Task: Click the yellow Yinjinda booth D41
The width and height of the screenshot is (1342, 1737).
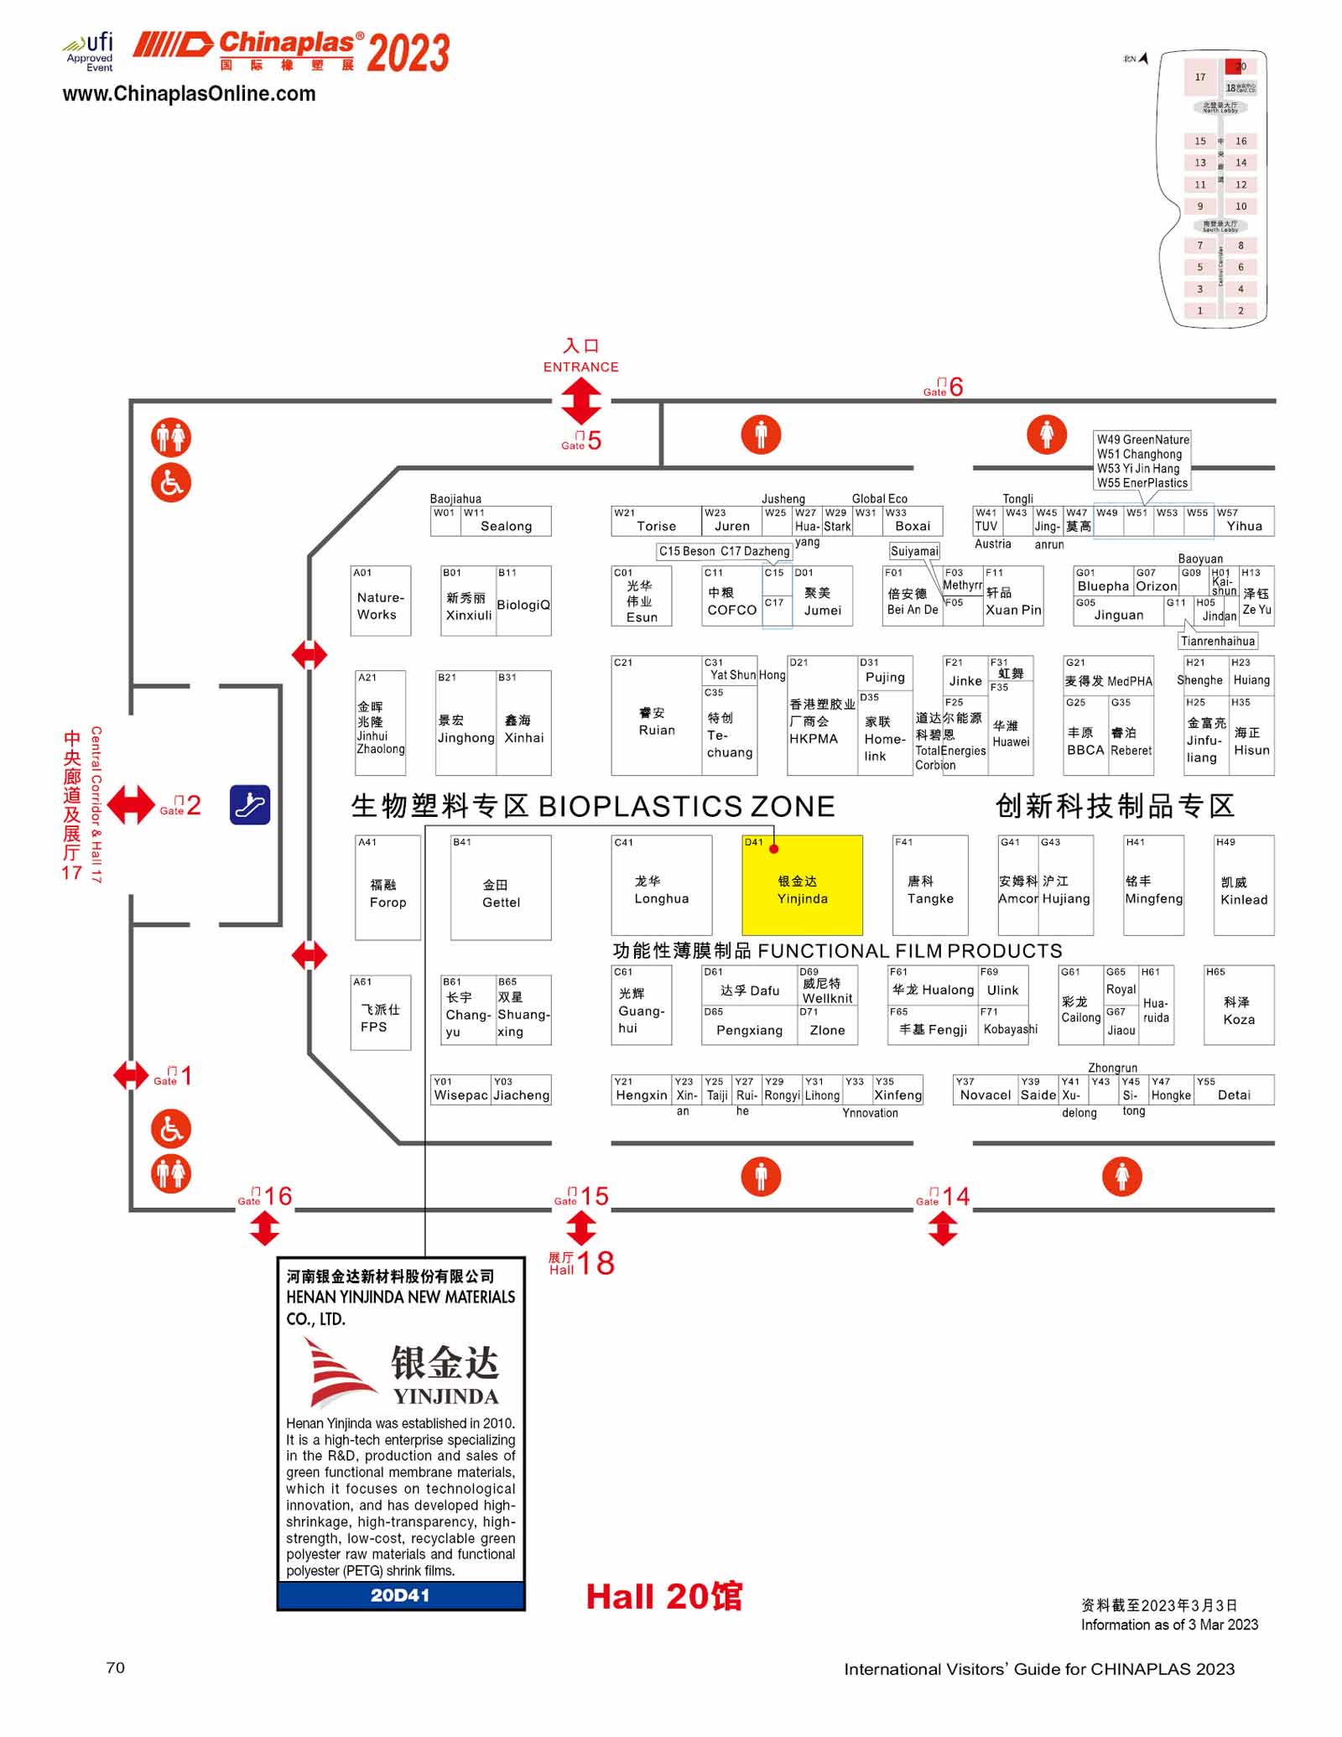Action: coord(802,889)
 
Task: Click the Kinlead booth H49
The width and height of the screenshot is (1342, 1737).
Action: coord(1244,889)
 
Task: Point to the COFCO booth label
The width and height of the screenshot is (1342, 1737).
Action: coord(731,610)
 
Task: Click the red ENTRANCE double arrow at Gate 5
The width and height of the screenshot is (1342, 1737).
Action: coord(581,401)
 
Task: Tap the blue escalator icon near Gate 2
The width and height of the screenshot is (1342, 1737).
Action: coord(250,804)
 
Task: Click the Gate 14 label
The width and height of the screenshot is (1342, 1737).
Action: coord(943,1197)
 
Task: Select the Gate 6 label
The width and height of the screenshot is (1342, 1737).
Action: coord(944,387)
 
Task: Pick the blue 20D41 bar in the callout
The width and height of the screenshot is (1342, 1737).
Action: coord(401,1595)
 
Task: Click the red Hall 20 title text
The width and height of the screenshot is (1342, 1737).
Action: coord(663,1597)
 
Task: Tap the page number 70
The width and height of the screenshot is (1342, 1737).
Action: coord(116,1667)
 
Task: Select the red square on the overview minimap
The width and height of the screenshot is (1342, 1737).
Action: coord(1233,65)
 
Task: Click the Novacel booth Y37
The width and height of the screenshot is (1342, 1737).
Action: coord(985,1090)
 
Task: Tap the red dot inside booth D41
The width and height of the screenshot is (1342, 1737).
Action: coord(774,849)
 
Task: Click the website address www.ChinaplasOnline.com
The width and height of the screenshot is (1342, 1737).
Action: coord(189,94)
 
